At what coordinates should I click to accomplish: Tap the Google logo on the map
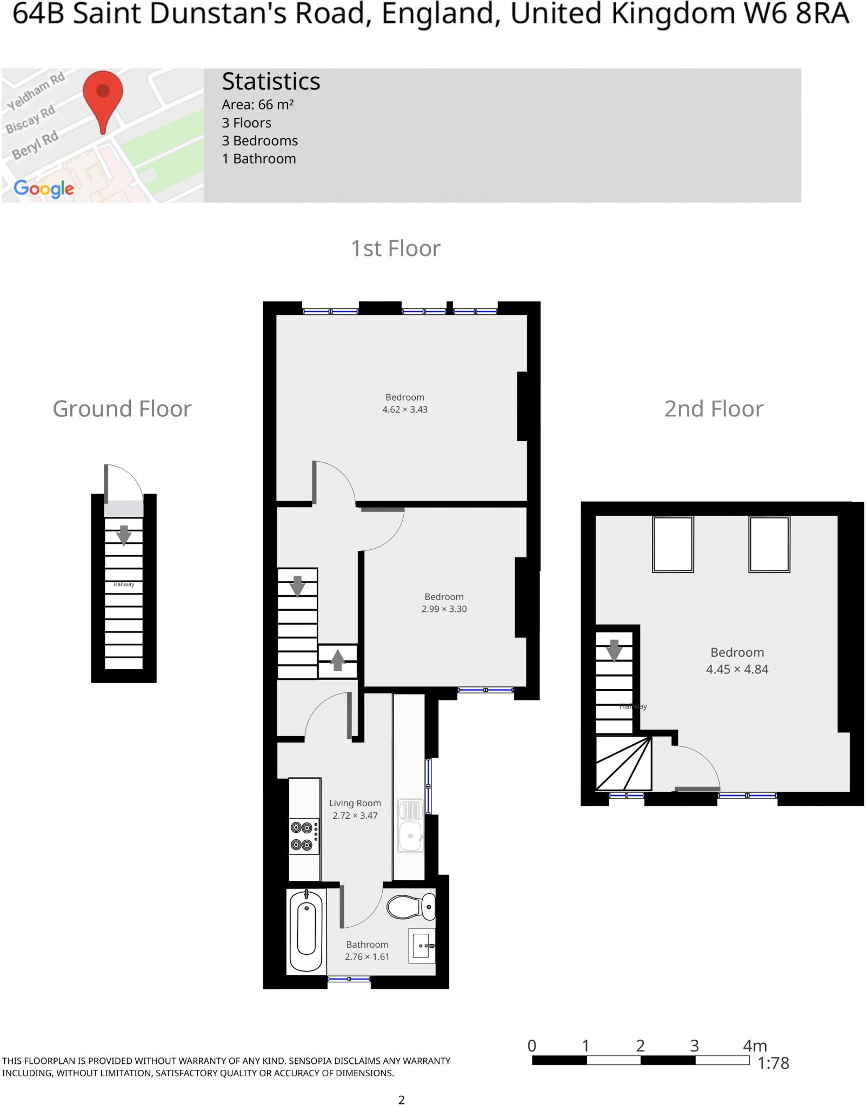44,188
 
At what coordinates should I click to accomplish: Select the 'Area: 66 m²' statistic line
257,105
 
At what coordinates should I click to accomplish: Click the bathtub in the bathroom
307,931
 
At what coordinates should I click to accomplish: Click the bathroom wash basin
422,946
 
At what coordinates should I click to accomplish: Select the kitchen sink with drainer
411,825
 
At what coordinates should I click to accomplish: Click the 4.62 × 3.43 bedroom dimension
405,409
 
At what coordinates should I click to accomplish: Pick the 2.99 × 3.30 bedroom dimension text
444,609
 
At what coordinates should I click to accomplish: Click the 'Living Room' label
355,803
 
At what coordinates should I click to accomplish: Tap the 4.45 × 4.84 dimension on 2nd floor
737,669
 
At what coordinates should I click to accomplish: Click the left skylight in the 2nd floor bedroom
672,544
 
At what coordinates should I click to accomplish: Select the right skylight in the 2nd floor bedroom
769,544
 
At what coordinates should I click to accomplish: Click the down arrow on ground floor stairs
124,535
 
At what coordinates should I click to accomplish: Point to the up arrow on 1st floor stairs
338,660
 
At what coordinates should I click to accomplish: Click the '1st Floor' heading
396,248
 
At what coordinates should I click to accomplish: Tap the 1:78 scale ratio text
773,1063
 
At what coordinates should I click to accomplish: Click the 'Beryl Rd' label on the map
35,145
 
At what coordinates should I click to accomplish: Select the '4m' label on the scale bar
755,1046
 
